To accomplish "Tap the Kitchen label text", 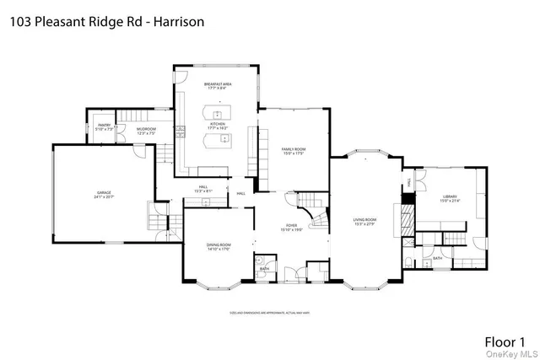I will coord(218,123).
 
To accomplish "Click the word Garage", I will coord(103,192).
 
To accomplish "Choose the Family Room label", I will coord(293,148).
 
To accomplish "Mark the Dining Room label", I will coord(219,244).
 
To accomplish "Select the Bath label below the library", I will coord(437,259).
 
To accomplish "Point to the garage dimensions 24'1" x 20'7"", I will coord(103,197).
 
